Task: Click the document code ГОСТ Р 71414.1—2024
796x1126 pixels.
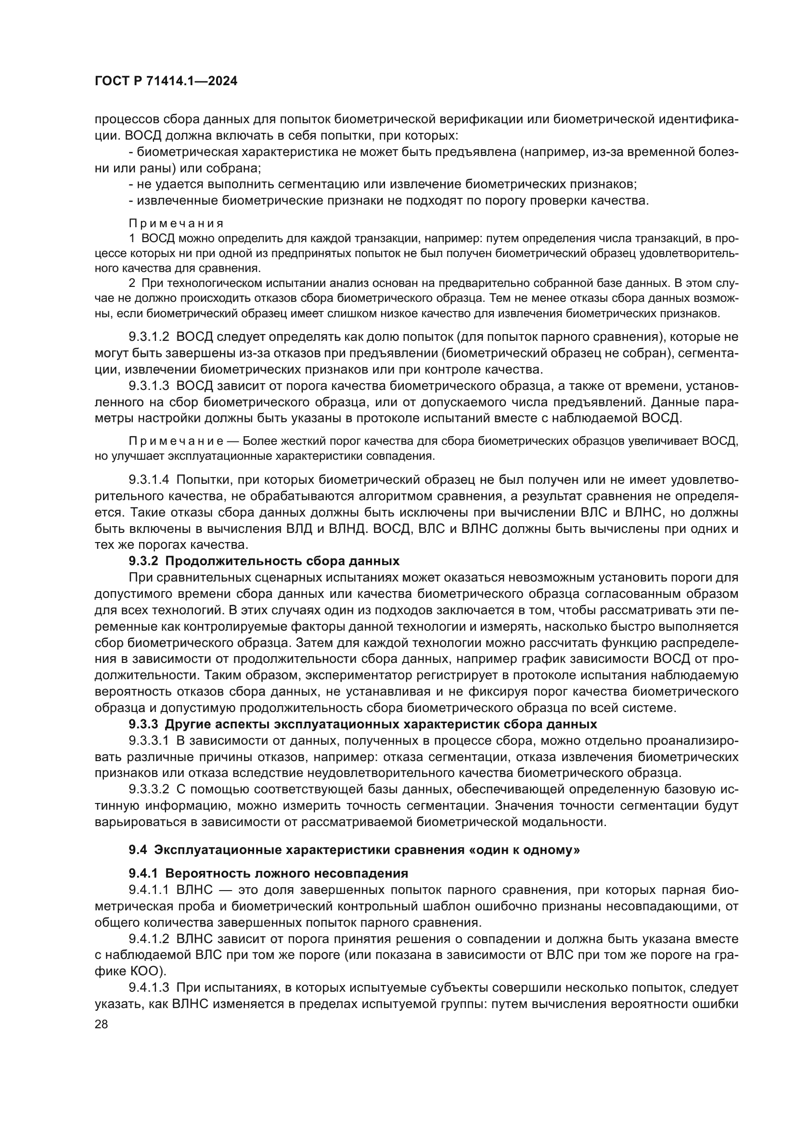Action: [x=166, y=81]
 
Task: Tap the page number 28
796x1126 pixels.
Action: [x=102, y=1024]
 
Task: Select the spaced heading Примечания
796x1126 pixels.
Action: [x=176, y=224]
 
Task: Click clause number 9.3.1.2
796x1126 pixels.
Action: [x=149, y=337]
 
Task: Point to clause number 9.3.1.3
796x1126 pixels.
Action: [x=149, y=386]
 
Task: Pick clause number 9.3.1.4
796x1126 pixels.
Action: [x=149, y=479]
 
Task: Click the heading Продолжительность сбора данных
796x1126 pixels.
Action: [x=282, y=561]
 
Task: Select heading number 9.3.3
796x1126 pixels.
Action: [x=143, y=725]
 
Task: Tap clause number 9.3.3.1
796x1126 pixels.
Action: [x=149, y=740]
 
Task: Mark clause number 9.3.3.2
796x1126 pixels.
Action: [x=149, y=789]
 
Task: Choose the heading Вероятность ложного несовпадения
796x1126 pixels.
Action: [x=287, y=873]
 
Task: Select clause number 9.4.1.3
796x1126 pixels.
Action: [x=149, y=988]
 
